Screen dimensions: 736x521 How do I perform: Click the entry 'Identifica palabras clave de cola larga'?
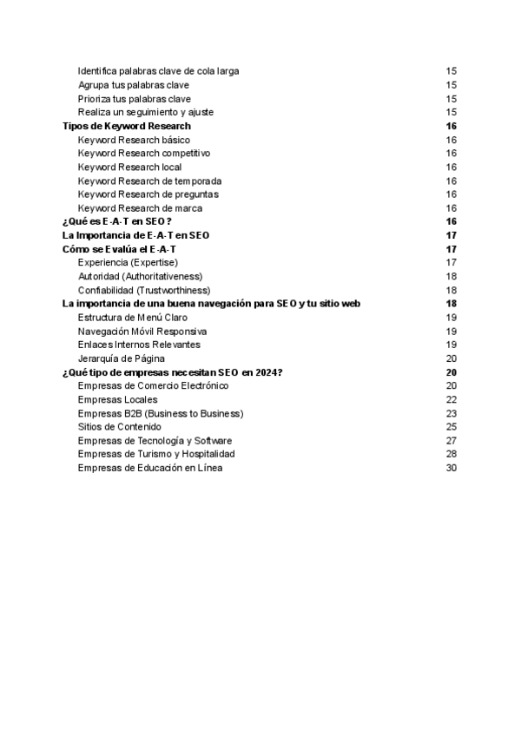pos(158,71)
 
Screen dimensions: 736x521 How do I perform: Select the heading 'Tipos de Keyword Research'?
pos(127,126)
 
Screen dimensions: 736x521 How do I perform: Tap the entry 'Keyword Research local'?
pos(129,167)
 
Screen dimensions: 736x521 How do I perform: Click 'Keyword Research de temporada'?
pos(149,181)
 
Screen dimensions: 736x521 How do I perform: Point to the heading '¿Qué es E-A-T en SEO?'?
pos(116,221)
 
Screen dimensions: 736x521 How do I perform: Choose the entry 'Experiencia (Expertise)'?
pos(128,262)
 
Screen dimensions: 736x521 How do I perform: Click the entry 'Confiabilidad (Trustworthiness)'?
pos(143,290)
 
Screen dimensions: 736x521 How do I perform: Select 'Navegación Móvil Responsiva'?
pos(142,331)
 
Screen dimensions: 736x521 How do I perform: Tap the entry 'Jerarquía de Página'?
pos(121,358)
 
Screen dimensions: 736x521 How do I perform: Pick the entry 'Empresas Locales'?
pos(117,399)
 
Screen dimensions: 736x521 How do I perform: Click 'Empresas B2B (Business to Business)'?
pos(160,413)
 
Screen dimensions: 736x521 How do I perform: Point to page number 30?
pos(451,468)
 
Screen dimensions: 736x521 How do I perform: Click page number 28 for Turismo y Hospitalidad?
pos(451,454)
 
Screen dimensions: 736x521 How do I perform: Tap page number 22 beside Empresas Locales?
pos(451,399)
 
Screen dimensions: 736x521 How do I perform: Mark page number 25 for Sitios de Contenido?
pos(451,426)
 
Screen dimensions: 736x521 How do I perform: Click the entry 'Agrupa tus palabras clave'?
pos(133,85)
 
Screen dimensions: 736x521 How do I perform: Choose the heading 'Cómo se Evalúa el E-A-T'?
pos(120,249)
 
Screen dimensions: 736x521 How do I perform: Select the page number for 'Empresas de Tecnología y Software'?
pos(451,440)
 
